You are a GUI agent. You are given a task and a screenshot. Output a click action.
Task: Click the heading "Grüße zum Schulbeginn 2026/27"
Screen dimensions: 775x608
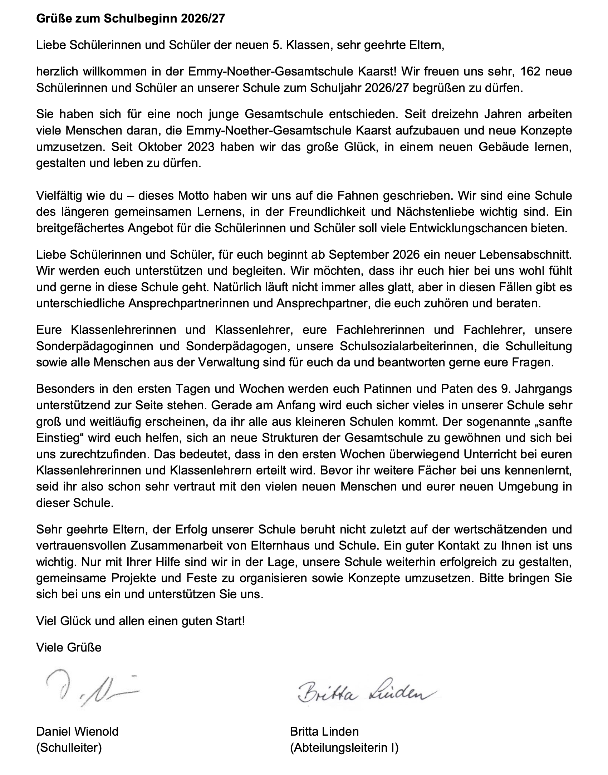[x=131, y=19]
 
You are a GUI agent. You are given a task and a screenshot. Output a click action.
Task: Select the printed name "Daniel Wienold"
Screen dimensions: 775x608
[x=77, y=731]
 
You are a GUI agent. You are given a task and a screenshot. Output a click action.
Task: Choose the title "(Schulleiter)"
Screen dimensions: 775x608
[x=69, y=748]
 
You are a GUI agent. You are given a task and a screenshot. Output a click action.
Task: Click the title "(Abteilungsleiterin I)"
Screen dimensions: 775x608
[x=344, y=748]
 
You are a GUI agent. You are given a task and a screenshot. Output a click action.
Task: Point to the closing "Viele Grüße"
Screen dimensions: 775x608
[x=69, y=647]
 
